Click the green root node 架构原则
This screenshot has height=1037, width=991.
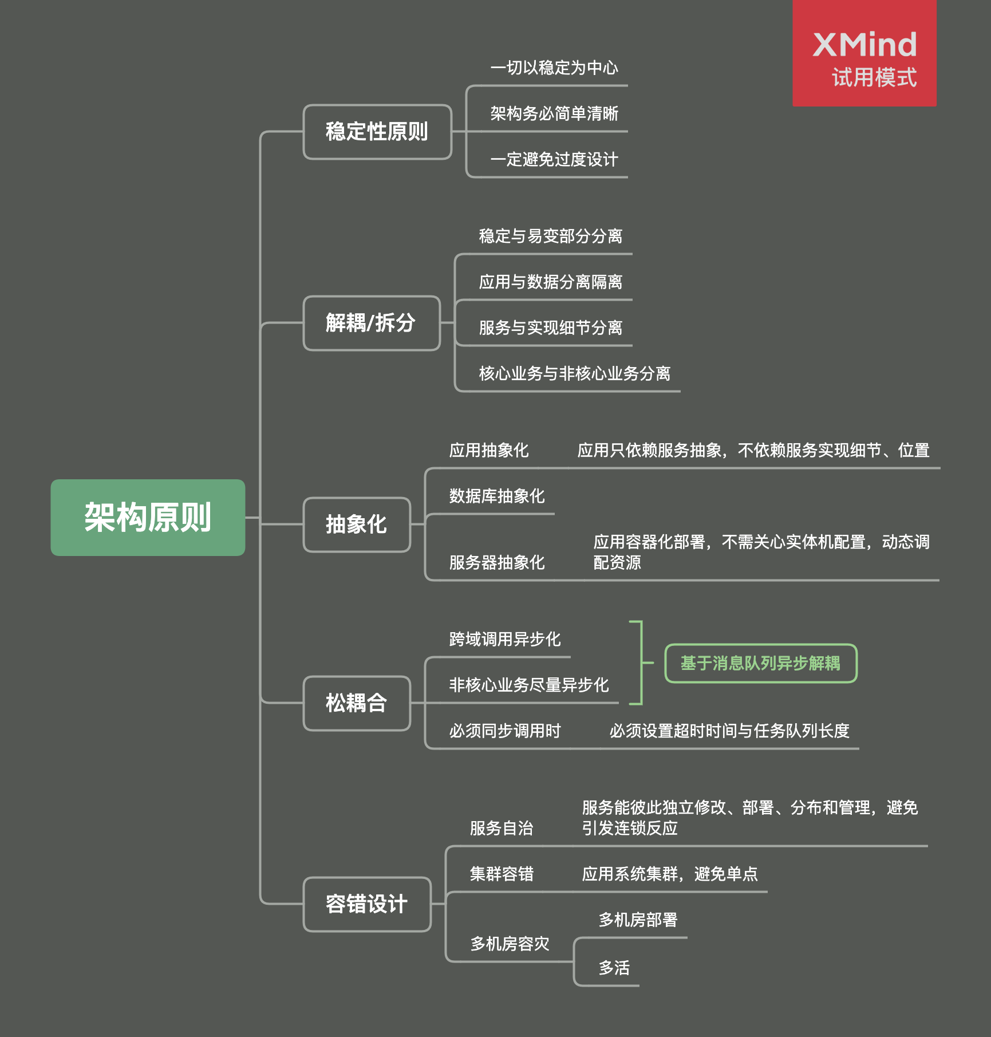tap(148, 517)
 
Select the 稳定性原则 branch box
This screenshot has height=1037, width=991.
tap(377, 132)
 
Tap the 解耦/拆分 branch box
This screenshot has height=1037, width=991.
tap(372, 323)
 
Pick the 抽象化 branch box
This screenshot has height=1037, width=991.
tap(357, 525)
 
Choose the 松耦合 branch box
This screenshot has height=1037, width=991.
tap(357, 703)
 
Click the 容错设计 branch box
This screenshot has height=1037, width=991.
tap(367, 904)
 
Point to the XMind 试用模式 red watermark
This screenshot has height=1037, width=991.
tap(864, 53)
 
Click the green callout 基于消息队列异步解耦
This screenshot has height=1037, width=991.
tap(761, 663)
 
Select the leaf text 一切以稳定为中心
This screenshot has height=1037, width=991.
tap(554, 68)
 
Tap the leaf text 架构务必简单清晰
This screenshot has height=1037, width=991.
tap(554, 113)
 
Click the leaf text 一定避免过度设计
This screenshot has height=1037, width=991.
tap(554, 159)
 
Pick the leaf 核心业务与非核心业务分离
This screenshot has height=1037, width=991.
tap(575, 373)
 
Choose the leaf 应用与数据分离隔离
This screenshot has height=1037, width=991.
tap(551, 282)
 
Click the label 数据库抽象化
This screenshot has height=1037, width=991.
tap(497, 496)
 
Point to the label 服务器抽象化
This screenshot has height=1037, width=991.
tap(497, 562)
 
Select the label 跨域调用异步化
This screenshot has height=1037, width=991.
tap(505, 639)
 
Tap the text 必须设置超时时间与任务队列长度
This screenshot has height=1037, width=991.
tap(729, 731)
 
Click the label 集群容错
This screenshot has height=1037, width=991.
tap(502, 874)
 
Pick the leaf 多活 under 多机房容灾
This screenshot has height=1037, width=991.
tap(614, 968)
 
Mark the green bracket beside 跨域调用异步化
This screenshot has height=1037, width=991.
tap(641, 663)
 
